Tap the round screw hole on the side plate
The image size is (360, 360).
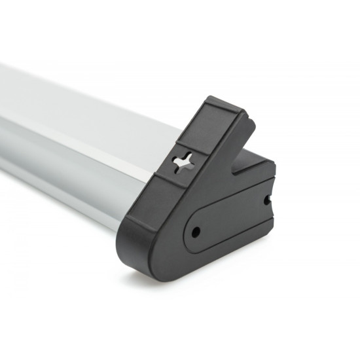[x=194, y=232]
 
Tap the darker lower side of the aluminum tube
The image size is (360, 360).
[x=65, y=177]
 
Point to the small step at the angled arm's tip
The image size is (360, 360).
[x=247, y=118]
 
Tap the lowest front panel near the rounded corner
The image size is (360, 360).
[x=134, y=229]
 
